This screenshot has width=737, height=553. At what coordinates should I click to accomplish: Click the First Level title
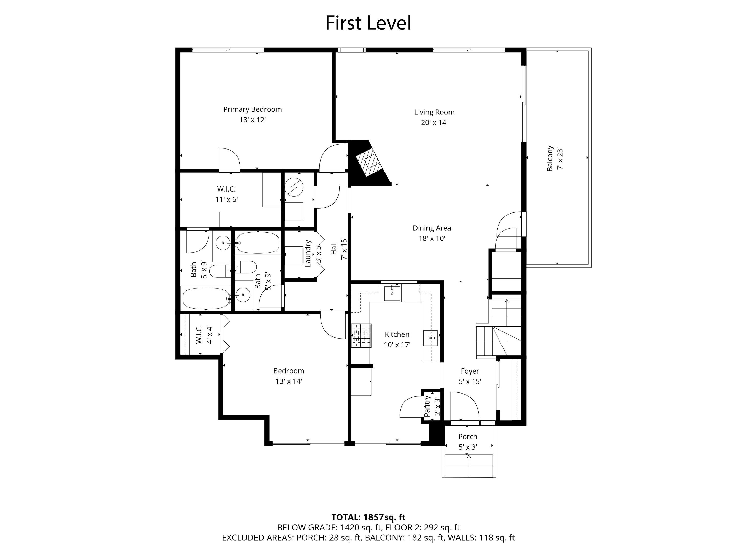[368, 23]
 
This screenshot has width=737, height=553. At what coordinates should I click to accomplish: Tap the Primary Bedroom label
[252, 109]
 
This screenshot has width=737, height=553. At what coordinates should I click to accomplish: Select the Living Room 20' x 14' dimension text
[434, 123]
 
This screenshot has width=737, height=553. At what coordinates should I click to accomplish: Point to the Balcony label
[550, 158]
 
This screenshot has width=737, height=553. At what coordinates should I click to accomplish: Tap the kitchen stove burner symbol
[361, 335]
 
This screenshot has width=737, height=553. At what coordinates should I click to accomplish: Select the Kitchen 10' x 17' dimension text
[397, 345]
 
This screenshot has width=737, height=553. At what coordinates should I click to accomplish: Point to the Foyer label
[470, 371]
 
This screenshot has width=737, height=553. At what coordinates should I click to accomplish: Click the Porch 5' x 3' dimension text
[468, 447]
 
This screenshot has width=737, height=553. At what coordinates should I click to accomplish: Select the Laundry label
[308, 253]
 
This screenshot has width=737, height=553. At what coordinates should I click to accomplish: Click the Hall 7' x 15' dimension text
[344, 249]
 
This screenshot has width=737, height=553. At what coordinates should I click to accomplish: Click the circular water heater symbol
[294, 187]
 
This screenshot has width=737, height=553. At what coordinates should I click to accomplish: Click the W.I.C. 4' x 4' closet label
[199, 334]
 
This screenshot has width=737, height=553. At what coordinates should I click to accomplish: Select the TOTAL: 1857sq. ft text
[368, 517]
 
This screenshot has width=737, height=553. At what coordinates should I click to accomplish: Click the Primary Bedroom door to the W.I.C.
[229, 160]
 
